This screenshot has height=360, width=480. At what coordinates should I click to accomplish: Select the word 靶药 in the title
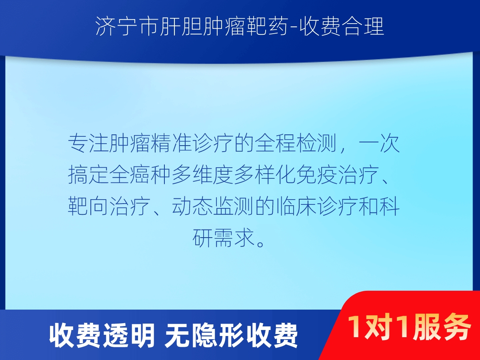[266, 26]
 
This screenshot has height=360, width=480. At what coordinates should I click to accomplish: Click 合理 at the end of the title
[363, 26]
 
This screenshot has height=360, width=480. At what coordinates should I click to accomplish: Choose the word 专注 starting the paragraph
[88, 144]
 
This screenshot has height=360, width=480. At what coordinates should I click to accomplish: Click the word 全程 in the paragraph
[276, 144]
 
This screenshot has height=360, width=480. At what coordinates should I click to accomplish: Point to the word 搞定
[88, 175]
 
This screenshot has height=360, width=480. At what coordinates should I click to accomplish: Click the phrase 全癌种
[140, 175]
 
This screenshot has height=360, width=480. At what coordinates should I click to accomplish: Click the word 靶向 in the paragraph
[88, 206]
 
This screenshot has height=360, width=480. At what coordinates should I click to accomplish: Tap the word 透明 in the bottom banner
[129, 336]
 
